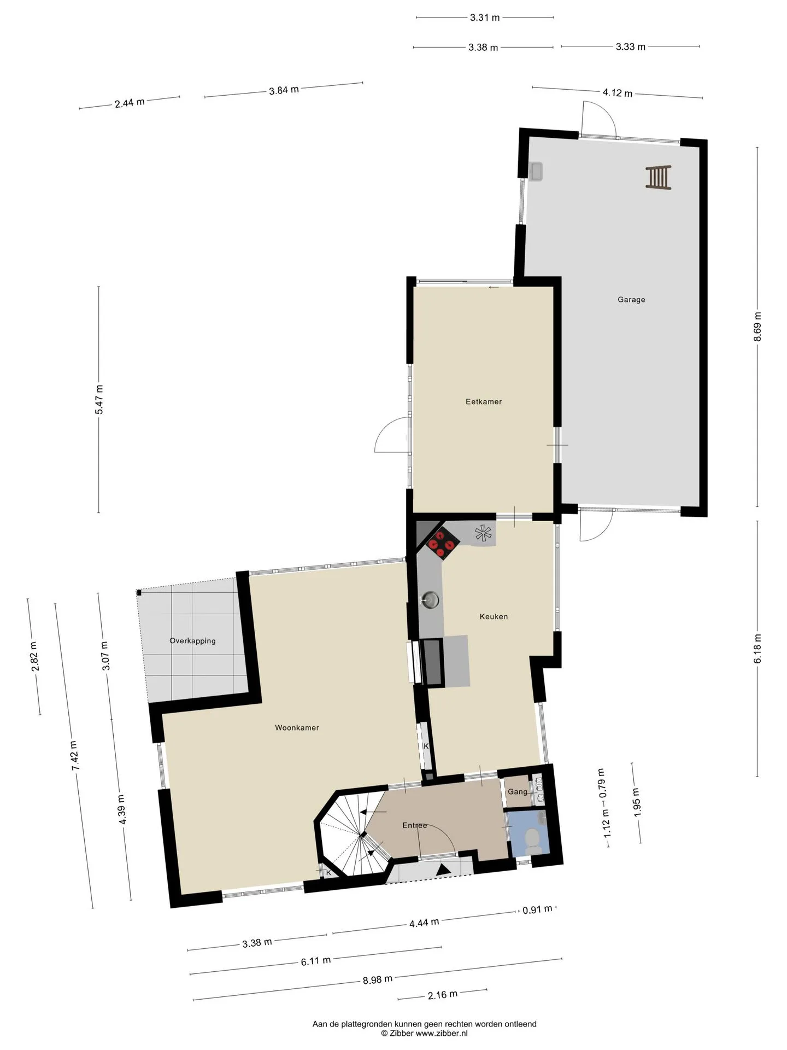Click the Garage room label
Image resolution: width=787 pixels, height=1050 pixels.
coord(631,300)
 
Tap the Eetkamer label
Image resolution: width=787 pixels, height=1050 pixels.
coord(484,401)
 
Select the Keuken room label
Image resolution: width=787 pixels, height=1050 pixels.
coord(494,616)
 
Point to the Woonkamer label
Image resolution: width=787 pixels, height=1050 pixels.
coord(297,727)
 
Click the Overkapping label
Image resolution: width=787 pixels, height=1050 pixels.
coord(192,641)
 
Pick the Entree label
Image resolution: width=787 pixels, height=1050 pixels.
coord(414,825)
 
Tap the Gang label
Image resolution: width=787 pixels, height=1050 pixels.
coord(518,792)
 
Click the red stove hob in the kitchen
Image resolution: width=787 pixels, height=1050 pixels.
coord(443,545)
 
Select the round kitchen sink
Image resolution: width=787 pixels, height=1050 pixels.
coord(431,600)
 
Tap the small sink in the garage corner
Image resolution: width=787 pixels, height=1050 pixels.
coord(535,172)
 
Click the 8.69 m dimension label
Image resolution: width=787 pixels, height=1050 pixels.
coord(757,326)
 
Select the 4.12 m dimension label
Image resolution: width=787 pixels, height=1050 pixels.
coord(618,93)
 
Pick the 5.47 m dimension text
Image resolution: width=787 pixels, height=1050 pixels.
coord(99,400)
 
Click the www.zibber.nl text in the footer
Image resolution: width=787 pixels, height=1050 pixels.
coord(442,1033)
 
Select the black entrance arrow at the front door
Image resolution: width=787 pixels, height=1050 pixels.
coord(444,868)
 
